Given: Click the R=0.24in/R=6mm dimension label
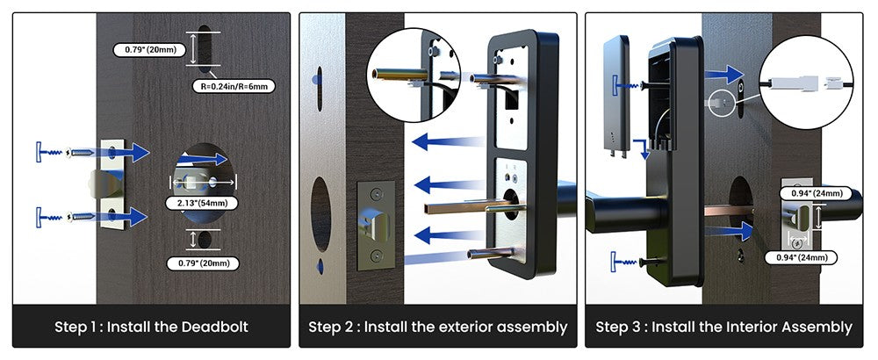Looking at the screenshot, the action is click(234, 87).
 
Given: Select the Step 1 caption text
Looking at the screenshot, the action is click(151, 327).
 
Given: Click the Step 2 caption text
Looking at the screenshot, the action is click(438, 327).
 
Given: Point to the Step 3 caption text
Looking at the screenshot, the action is click(724, 327).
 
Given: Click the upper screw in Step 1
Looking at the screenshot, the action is click(81, 152).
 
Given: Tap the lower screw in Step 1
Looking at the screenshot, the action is click(81, 216).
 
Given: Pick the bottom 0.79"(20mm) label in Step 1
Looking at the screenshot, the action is click(203, 263).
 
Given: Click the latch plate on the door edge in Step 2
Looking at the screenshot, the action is click(377, 225).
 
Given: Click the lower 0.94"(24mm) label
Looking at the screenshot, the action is click(801, 257).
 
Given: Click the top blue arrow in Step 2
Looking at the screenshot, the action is click(447, 141).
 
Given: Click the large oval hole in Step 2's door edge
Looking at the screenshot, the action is click(320, 213).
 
